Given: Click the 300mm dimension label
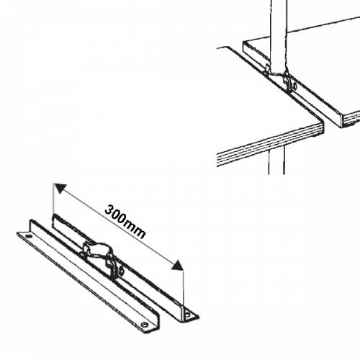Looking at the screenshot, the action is pyautogui.click(x=125, y=222).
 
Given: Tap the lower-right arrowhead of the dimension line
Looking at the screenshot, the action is pyautogui.click(x=177, y=265).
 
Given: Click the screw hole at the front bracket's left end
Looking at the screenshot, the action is pyautogui.click(x=29, y=236).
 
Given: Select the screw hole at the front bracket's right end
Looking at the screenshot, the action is pyautogui.click(x=144, y=325).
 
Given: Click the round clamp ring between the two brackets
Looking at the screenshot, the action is pyautogui.click(x=97, y=248).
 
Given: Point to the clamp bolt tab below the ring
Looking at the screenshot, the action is pyautogui.click(x=114, y=269).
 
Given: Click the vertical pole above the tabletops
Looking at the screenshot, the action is pyautogui.click(x=278, y=35).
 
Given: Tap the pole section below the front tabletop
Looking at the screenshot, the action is pyautogui.click(x=276, y=160).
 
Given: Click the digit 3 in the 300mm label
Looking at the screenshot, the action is pyautogui.click(x=109, y=210).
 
